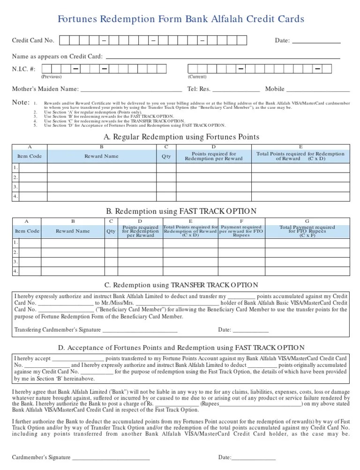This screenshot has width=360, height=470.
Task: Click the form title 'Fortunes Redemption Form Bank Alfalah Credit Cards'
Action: click(x=180, y=19)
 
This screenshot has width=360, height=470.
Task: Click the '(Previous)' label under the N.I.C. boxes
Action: click(x=51, y=76)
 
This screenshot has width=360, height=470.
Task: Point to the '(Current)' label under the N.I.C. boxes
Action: click(x=197, y=76)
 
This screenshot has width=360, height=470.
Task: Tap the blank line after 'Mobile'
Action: click(x=318, y=90)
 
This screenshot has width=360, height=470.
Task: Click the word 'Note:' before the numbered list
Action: click(x=20, y=103)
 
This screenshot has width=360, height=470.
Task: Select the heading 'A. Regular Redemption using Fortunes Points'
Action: click(x=180, y=137)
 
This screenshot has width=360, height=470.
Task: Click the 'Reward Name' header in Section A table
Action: click(x=101, y=156)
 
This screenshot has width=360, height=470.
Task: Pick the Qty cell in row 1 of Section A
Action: click(x=166, y=168)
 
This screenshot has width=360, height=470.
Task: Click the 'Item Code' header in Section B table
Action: click(x=27, y=231)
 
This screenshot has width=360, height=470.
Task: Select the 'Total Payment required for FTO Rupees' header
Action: click(x=307, y=231)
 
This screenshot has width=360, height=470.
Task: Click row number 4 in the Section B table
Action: click(x=15, y=271)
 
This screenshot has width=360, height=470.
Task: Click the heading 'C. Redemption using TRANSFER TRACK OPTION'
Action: click(x=180, y=285)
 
